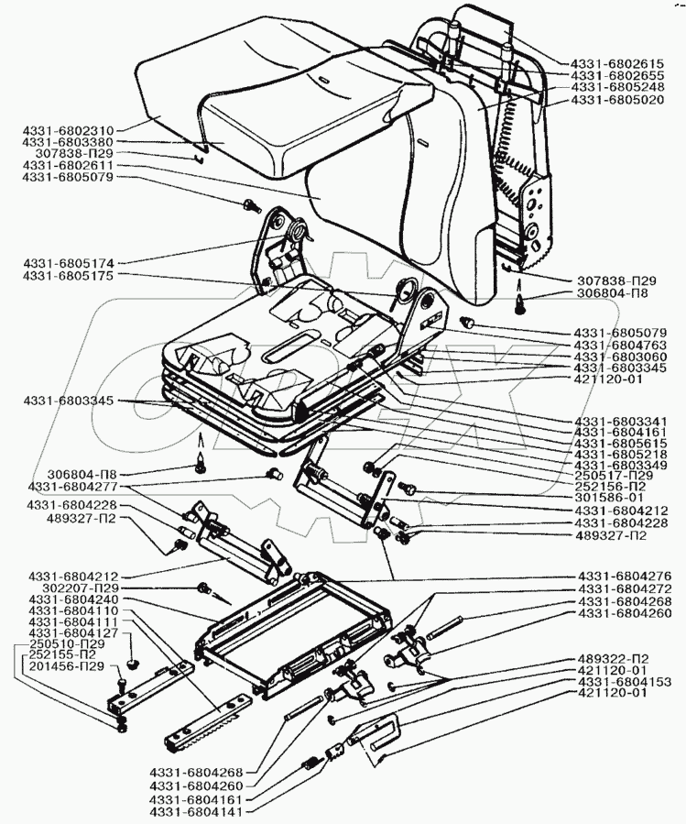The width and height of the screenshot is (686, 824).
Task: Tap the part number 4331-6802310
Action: [68, 130]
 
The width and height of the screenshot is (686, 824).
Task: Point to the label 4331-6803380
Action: [68, 142]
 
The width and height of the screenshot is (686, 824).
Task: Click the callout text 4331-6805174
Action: [68, 263]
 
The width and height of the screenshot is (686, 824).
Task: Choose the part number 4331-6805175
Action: [68, 276]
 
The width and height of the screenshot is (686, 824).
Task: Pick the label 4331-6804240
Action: [73, 599]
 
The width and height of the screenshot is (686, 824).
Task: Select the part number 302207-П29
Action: [83, 588]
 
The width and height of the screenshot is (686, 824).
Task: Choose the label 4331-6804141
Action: [196, 812]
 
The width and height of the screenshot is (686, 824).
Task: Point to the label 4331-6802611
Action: [68, 166]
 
